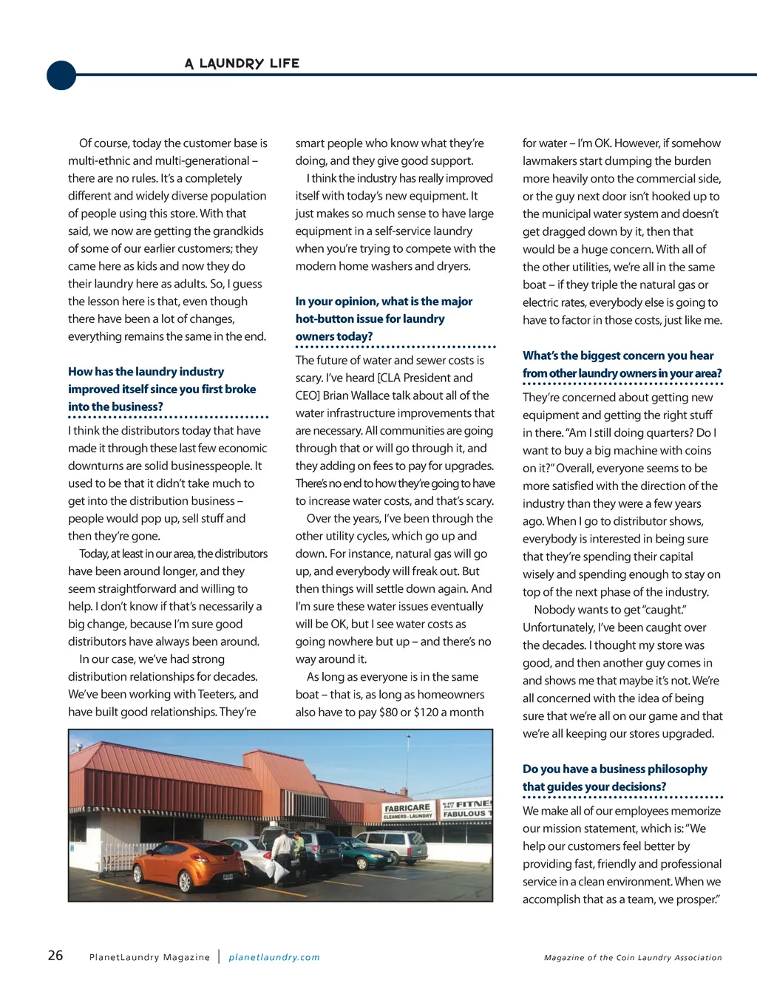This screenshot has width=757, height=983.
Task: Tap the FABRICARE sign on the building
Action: [407, 809]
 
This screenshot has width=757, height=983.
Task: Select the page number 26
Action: [55, 956]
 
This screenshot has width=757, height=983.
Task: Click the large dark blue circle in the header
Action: [61, 75]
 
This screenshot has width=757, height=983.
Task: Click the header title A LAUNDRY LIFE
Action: [242, 64]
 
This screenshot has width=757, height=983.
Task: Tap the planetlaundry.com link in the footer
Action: [274, 957]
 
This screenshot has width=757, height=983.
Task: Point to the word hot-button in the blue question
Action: [325, 319]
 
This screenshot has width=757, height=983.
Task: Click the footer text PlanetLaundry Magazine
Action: [149, 957]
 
